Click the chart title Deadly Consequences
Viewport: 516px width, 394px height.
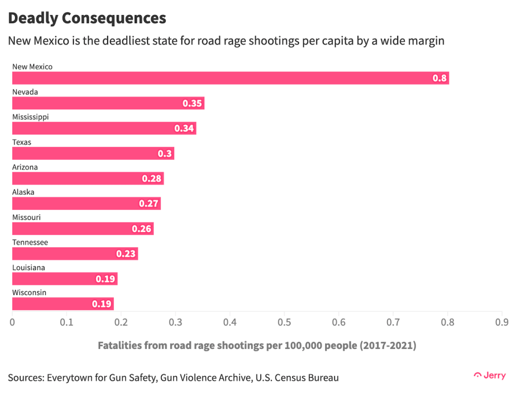(87, 18)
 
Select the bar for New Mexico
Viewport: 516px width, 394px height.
(230, 78)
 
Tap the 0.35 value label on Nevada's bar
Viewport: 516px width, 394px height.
(192, 103)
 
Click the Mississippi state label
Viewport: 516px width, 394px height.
(31, 117)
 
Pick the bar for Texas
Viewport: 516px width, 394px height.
(93, 153)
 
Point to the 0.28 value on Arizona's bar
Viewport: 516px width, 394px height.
(152, 179)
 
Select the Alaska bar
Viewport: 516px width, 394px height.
(86, 204)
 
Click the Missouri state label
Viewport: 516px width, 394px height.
(26, 218)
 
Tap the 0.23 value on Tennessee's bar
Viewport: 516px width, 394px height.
(126, 254)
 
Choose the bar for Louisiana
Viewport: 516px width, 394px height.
(64, 279)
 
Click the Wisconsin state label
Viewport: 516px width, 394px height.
(29, 293)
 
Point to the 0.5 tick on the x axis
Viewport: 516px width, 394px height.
(284, 322)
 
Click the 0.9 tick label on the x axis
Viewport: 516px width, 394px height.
(501, 322)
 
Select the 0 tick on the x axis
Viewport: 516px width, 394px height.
(12, 322)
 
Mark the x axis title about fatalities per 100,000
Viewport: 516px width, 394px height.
(257, 345)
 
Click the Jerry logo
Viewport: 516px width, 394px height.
(490, 376)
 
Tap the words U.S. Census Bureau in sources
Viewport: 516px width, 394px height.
(297, 378)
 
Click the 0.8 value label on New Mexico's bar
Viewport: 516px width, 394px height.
(440, 78)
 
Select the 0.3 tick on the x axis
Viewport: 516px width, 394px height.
(175, 322)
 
